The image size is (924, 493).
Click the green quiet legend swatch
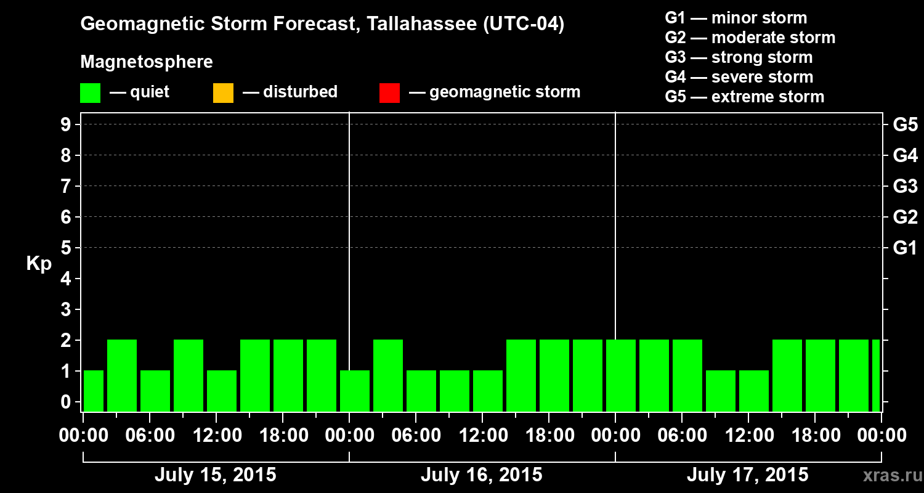click(x=90, y=92)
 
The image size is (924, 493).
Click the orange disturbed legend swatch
click(x=223, y=92)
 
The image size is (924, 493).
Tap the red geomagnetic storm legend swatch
click(x=389, y=92)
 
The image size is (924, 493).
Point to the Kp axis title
click(x=39, y=263)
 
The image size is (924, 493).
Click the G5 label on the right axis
click(x=905, y=124)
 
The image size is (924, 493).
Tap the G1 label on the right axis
click(x=905, y=248)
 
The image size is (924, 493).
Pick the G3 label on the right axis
click(x=905, y=186)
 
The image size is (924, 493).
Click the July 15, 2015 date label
click(x=215, y=475)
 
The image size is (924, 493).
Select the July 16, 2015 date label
click(x=481, y=475)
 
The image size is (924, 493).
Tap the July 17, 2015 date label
click(x=747, y=475)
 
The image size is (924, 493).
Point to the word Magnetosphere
click(x=147, y=62)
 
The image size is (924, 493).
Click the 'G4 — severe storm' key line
click(x=739, y=77)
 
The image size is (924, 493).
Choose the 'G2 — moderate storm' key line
click(x=750, y=38)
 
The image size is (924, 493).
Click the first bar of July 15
click(x=94, y=391)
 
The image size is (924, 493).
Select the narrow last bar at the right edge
click(x=876, y=375)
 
